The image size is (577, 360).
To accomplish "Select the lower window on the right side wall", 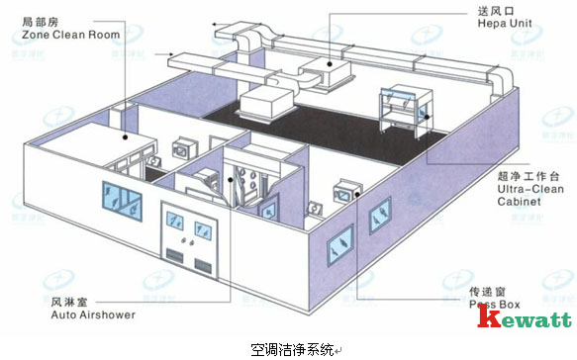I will click(x=340, y=238).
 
